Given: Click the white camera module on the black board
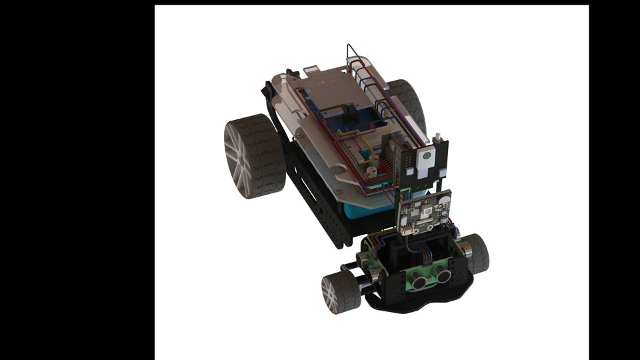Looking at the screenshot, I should (425, 160).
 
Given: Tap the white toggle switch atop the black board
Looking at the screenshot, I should (438, 139).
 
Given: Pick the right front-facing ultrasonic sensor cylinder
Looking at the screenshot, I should (443, 271).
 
